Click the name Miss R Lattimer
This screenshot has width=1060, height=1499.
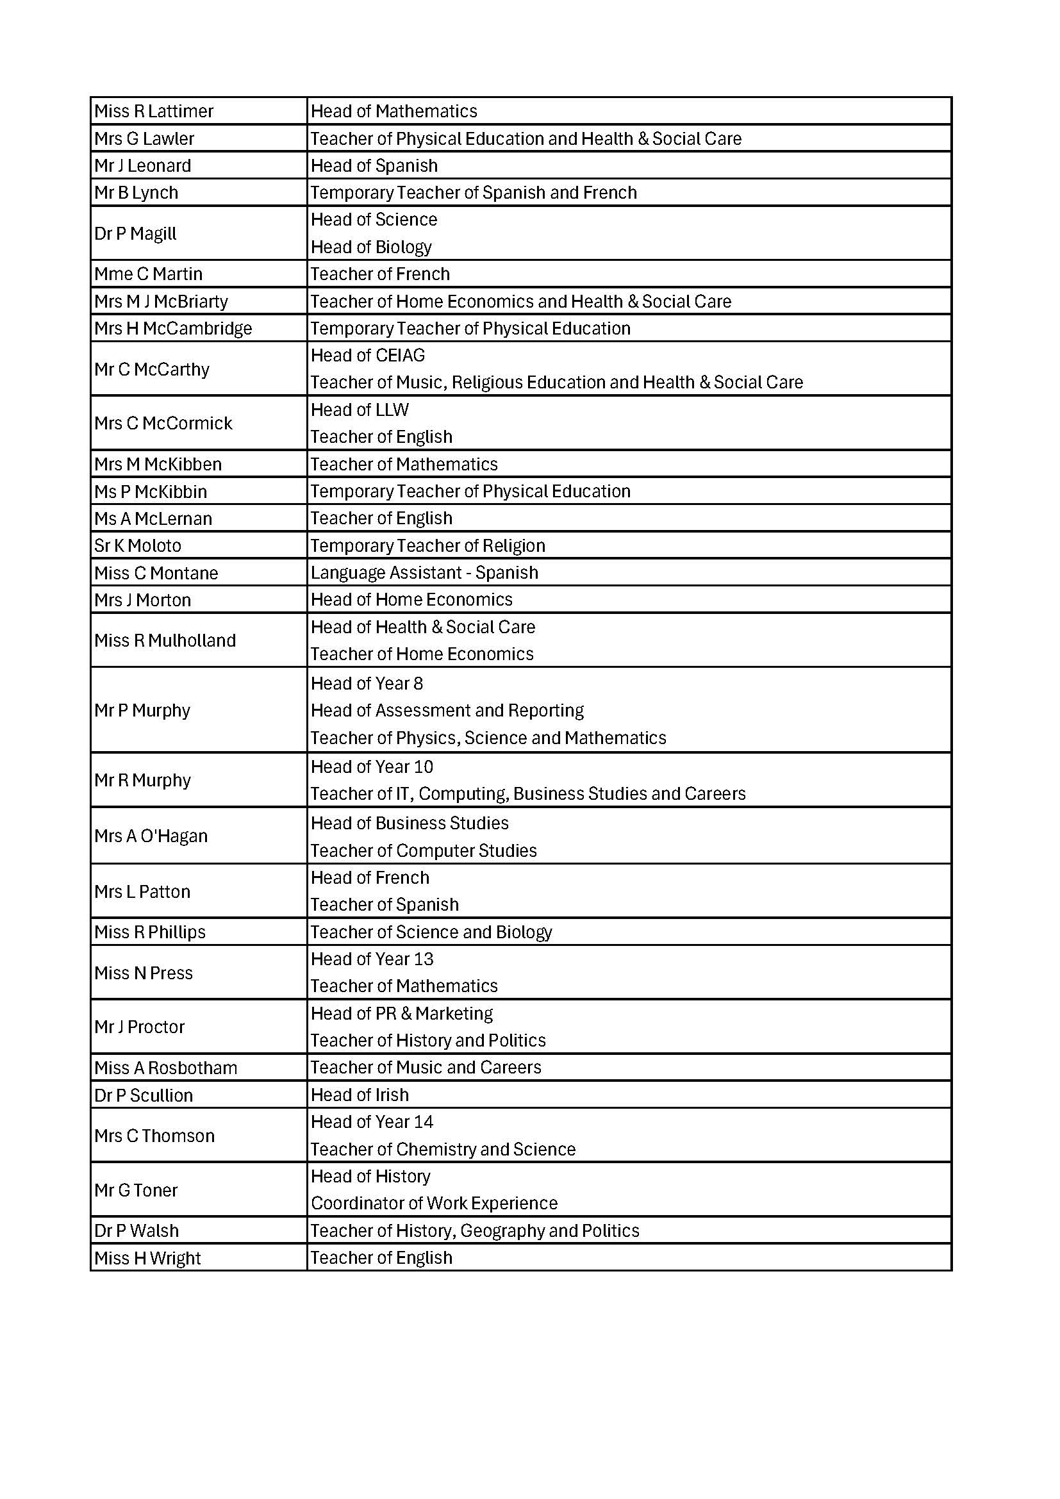(x=153, y=111)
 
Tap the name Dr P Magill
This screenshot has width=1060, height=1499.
(x=135, y=234)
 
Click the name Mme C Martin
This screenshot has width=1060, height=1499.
(x=148, y=274)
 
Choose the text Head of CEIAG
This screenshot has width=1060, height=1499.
(x=367, y=355)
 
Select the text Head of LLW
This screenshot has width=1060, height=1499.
(x=360, y=410)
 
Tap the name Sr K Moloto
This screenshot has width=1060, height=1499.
(x=138, y=546)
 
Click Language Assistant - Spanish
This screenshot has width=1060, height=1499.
(x=424, y=572)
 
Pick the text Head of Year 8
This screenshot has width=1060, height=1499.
(x=367, y=684)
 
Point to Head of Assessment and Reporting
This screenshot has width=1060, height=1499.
(x=447, y=710)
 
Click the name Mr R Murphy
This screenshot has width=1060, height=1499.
(x=142, y=780)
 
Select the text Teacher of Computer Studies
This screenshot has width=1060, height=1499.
(x=424, y=850)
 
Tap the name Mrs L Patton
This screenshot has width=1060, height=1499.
(x=142, y=892)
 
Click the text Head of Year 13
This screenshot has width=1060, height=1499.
(x=372, y=959)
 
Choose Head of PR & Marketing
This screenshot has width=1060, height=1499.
(x=401, y=1013)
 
